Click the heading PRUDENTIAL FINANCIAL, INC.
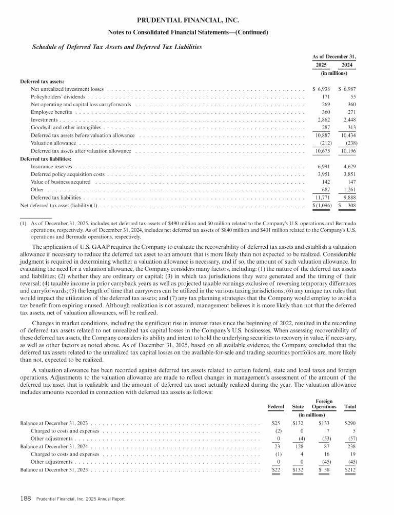point(196,21)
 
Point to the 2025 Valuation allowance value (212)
point(325,143)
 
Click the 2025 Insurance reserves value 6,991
point(325,167)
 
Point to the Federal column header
point(277,407)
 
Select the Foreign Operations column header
point(323,404)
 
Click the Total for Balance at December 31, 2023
point(350,424)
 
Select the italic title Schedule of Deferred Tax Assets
point(117,47)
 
